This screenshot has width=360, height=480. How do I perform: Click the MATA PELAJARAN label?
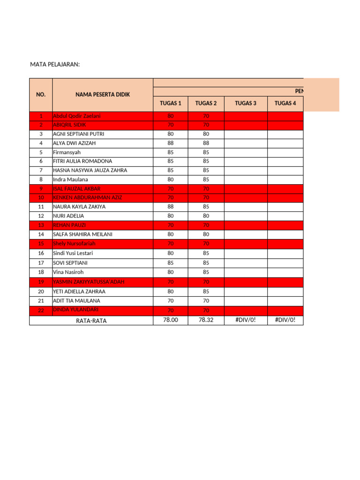click(55, 64)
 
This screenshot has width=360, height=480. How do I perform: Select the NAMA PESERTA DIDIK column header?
click(103, 95)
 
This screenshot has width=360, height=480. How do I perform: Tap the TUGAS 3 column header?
click(246, 104)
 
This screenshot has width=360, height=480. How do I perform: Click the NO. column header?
click(41, 95)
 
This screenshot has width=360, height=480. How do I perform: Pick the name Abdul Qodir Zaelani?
click(76, 116)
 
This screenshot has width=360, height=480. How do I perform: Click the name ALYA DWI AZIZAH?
click(75, 143)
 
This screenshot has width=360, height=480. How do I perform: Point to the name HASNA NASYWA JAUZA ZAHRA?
click(90, 170)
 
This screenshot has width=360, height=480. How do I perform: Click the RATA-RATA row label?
click(91, 321)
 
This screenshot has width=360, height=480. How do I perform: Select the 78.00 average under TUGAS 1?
click(171, 320)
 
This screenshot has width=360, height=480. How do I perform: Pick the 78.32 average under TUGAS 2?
click(206, 320)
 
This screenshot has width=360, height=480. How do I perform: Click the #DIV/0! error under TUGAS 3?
click(246, 320)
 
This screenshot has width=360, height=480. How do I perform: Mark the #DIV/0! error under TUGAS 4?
click(285, 320)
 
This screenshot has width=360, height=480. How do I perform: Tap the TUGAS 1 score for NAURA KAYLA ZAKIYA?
click(171, 206)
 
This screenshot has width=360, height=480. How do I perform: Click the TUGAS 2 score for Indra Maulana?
click(206, 180)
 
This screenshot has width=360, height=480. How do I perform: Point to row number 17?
click(41, 263)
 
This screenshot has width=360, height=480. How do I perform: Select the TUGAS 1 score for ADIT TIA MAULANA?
click(171, 300)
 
